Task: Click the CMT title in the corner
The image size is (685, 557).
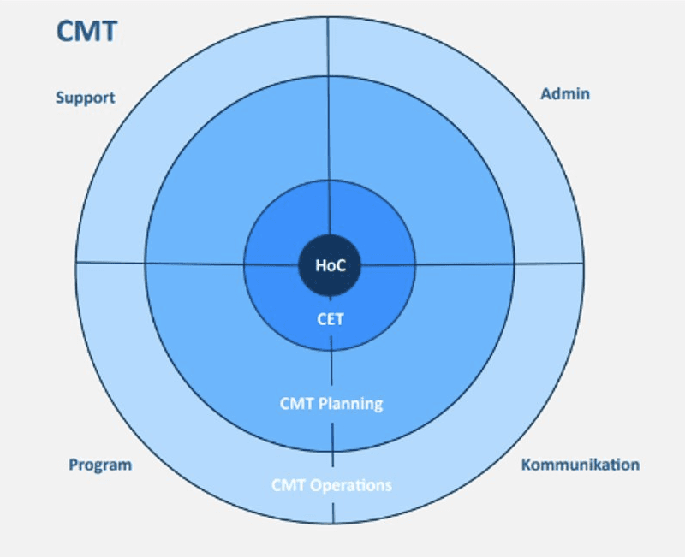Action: pos(86,32)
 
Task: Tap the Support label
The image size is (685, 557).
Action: pos(85,98)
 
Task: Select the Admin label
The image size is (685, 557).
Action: pos(565,93)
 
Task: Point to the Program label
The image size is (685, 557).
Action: pos(100,465)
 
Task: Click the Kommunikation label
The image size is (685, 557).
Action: pos(580,465)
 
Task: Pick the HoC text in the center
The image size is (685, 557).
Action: pos(331,265)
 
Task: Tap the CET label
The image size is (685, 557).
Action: pos(331,321)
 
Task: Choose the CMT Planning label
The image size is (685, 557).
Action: pos(331,403)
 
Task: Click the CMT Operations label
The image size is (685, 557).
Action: pos(331,485)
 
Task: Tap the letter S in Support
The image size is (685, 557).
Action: pos(61,98)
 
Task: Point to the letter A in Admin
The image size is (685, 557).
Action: pos(545,93)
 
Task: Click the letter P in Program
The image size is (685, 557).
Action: pos(74,465)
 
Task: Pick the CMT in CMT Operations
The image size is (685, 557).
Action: pos(286,485)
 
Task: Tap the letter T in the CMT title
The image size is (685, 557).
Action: pos(108,32)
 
